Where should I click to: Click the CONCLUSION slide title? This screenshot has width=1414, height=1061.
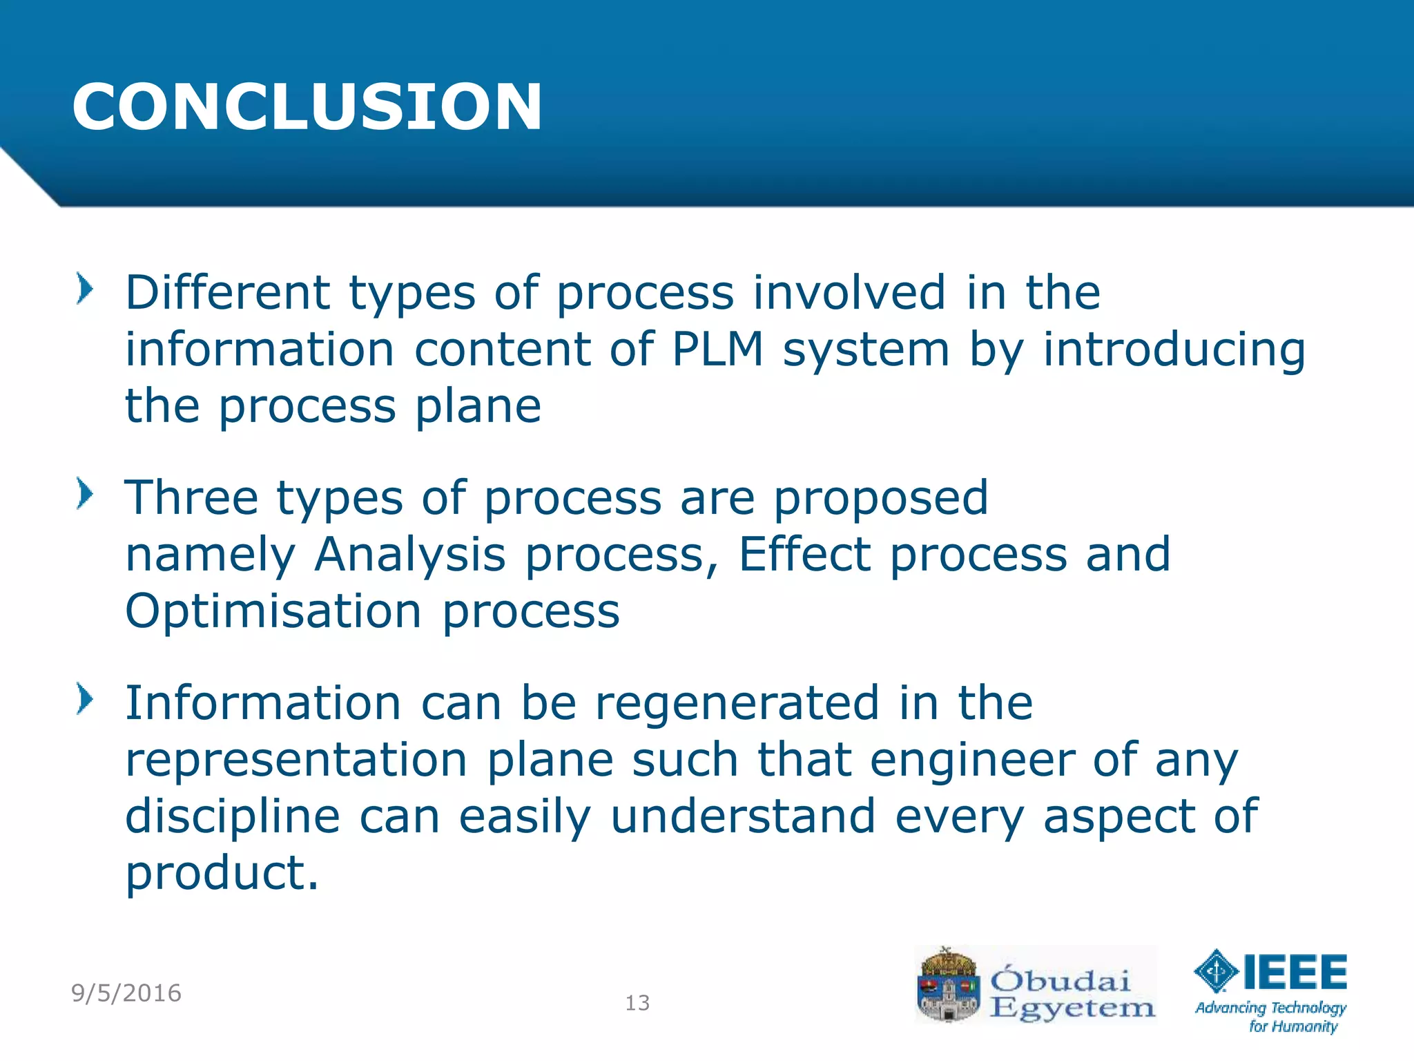coord(307,107)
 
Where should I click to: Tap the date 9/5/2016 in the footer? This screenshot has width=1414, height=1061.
coord(126,993)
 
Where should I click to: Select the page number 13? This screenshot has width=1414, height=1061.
coord(637,1003)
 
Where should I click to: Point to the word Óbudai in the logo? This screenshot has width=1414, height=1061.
coord(1060,979)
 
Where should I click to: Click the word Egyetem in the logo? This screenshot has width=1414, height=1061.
coord(1072,1009)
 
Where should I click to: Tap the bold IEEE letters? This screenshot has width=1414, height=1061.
coord(1295,972)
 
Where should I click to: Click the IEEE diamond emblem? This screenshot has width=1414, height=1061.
coord(1217,971)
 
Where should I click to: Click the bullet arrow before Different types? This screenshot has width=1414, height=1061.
coord(84,289)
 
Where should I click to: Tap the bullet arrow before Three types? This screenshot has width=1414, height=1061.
coord(84,494)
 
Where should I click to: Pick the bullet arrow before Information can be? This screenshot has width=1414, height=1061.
coord(84,698)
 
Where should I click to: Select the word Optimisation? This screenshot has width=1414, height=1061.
coord(273,611)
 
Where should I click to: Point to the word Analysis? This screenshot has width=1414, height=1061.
coord(410,555)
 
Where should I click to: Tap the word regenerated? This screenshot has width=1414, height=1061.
coord(737,703)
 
